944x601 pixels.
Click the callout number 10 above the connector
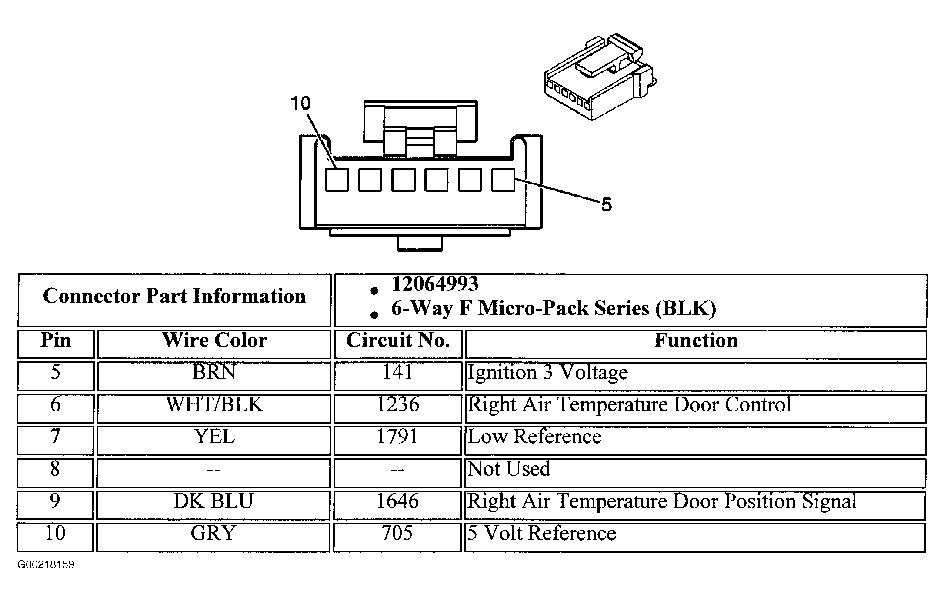pyautogui.click(x=300, y=104)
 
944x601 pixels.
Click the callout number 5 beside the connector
pyautogui.click(x=606, y=204)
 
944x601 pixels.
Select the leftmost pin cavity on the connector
pyautogui.click(x=337, y=180)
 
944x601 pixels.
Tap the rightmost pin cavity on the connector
pyautogui.click(x=503, y=180)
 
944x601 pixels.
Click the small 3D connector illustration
pyautogui.click(x=600, y=77)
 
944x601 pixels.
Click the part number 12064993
pyautogui.click(x=435, y=284)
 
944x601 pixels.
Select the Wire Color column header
pyautogui.click(x=215, y=340)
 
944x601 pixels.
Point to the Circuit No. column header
pyautogui.click(x=398, y=340)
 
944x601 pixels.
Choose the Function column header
pyautogui.click(x=696, y=340)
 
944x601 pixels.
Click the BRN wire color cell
pyautogui.click(x=214, y=372)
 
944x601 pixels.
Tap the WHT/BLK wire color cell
pyautogui.click(x=215, y=404)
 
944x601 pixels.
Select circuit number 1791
pyautogui.click(x=397, y=436)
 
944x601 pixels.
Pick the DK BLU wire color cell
pyautogui.click(x=213, y=501)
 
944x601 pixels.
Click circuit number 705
pyautogui.click(x=397, y=533)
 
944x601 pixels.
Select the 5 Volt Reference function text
pyautogui.click(x=542, y=533)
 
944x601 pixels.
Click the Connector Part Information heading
pyautogui.click(x=174, y=297)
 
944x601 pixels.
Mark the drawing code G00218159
pyautogui.click(x=46, y=565)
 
